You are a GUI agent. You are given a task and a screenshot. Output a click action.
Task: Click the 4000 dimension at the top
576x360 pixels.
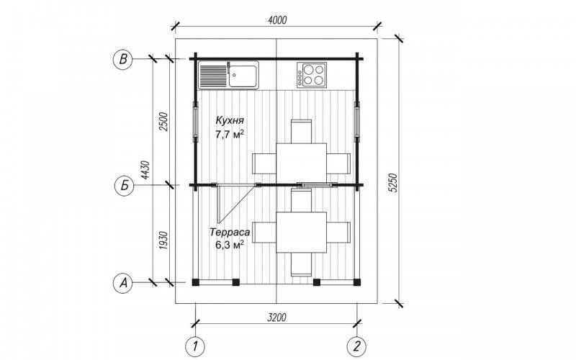click(277, 20)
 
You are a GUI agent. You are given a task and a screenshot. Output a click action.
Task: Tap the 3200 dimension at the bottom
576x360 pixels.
click(277, 317)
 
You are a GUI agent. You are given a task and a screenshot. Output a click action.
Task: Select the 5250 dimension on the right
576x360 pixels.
click(393, 182)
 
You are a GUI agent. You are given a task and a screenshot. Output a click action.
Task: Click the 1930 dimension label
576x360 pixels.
click(163, 240)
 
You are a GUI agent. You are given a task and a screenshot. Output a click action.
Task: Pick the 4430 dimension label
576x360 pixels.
click(146, 170)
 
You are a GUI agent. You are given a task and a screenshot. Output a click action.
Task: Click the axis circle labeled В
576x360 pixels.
click(122, 59)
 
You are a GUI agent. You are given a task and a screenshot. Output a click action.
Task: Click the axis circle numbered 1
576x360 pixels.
click(195, 346)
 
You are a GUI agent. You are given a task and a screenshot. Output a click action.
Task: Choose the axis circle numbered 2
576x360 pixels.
click(357, 346)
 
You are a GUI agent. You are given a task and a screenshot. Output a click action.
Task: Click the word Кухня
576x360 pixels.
click(230, 120)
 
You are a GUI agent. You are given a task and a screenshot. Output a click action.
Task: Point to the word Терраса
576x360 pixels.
click(230, 232)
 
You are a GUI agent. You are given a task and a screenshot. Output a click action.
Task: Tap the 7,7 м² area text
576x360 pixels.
click(230, 135)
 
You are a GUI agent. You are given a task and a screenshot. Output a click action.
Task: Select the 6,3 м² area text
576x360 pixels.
click(230, 245)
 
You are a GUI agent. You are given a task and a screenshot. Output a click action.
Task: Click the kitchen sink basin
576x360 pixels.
click(243, 76)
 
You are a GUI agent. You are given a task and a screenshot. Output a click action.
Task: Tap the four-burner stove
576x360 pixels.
click(312, 75)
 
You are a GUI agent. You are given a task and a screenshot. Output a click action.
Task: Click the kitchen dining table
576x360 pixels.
click(301, 163)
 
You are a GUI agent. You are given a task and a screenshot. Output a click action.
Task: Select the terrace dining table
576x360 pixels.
click(301, 232)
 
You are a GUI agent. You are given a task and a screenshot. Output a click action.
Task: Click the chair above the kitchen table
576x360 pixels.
click(301, 131)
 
